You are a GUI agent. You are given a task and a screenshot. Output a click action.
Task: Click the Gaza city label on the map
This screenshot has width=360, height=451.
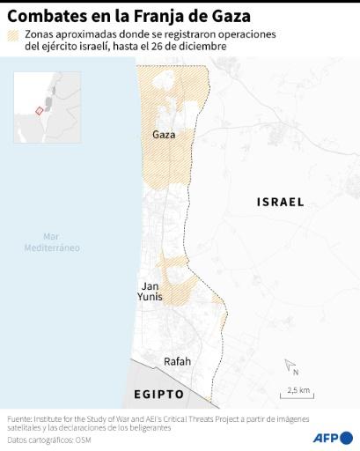(164, 135)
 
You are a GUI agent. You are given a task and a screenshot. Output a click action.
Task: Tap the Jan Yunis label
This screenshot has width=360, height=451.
(151, 292)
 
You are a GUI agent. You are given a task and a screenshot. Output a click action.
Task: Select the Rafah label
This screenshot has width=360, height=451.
(178, 361)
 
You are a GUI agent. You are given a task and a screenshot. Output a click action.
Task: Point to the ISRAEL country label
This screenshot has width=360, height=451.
(280, 202)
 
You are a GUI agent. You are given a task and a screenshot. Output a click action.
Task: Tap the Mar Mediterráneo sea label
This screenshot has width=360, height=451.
(52, 241)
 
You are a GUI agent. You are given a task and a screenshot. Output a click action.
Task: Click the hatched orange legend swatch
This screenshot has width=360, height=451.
(13, 34)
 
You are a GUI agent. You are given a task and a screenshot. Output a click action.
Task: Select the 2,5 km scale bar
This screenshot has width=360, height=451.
(299, 390)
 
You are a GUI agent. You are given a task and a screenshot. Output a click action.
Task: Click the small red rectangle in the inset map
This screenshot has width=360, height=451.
(38, 110)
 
